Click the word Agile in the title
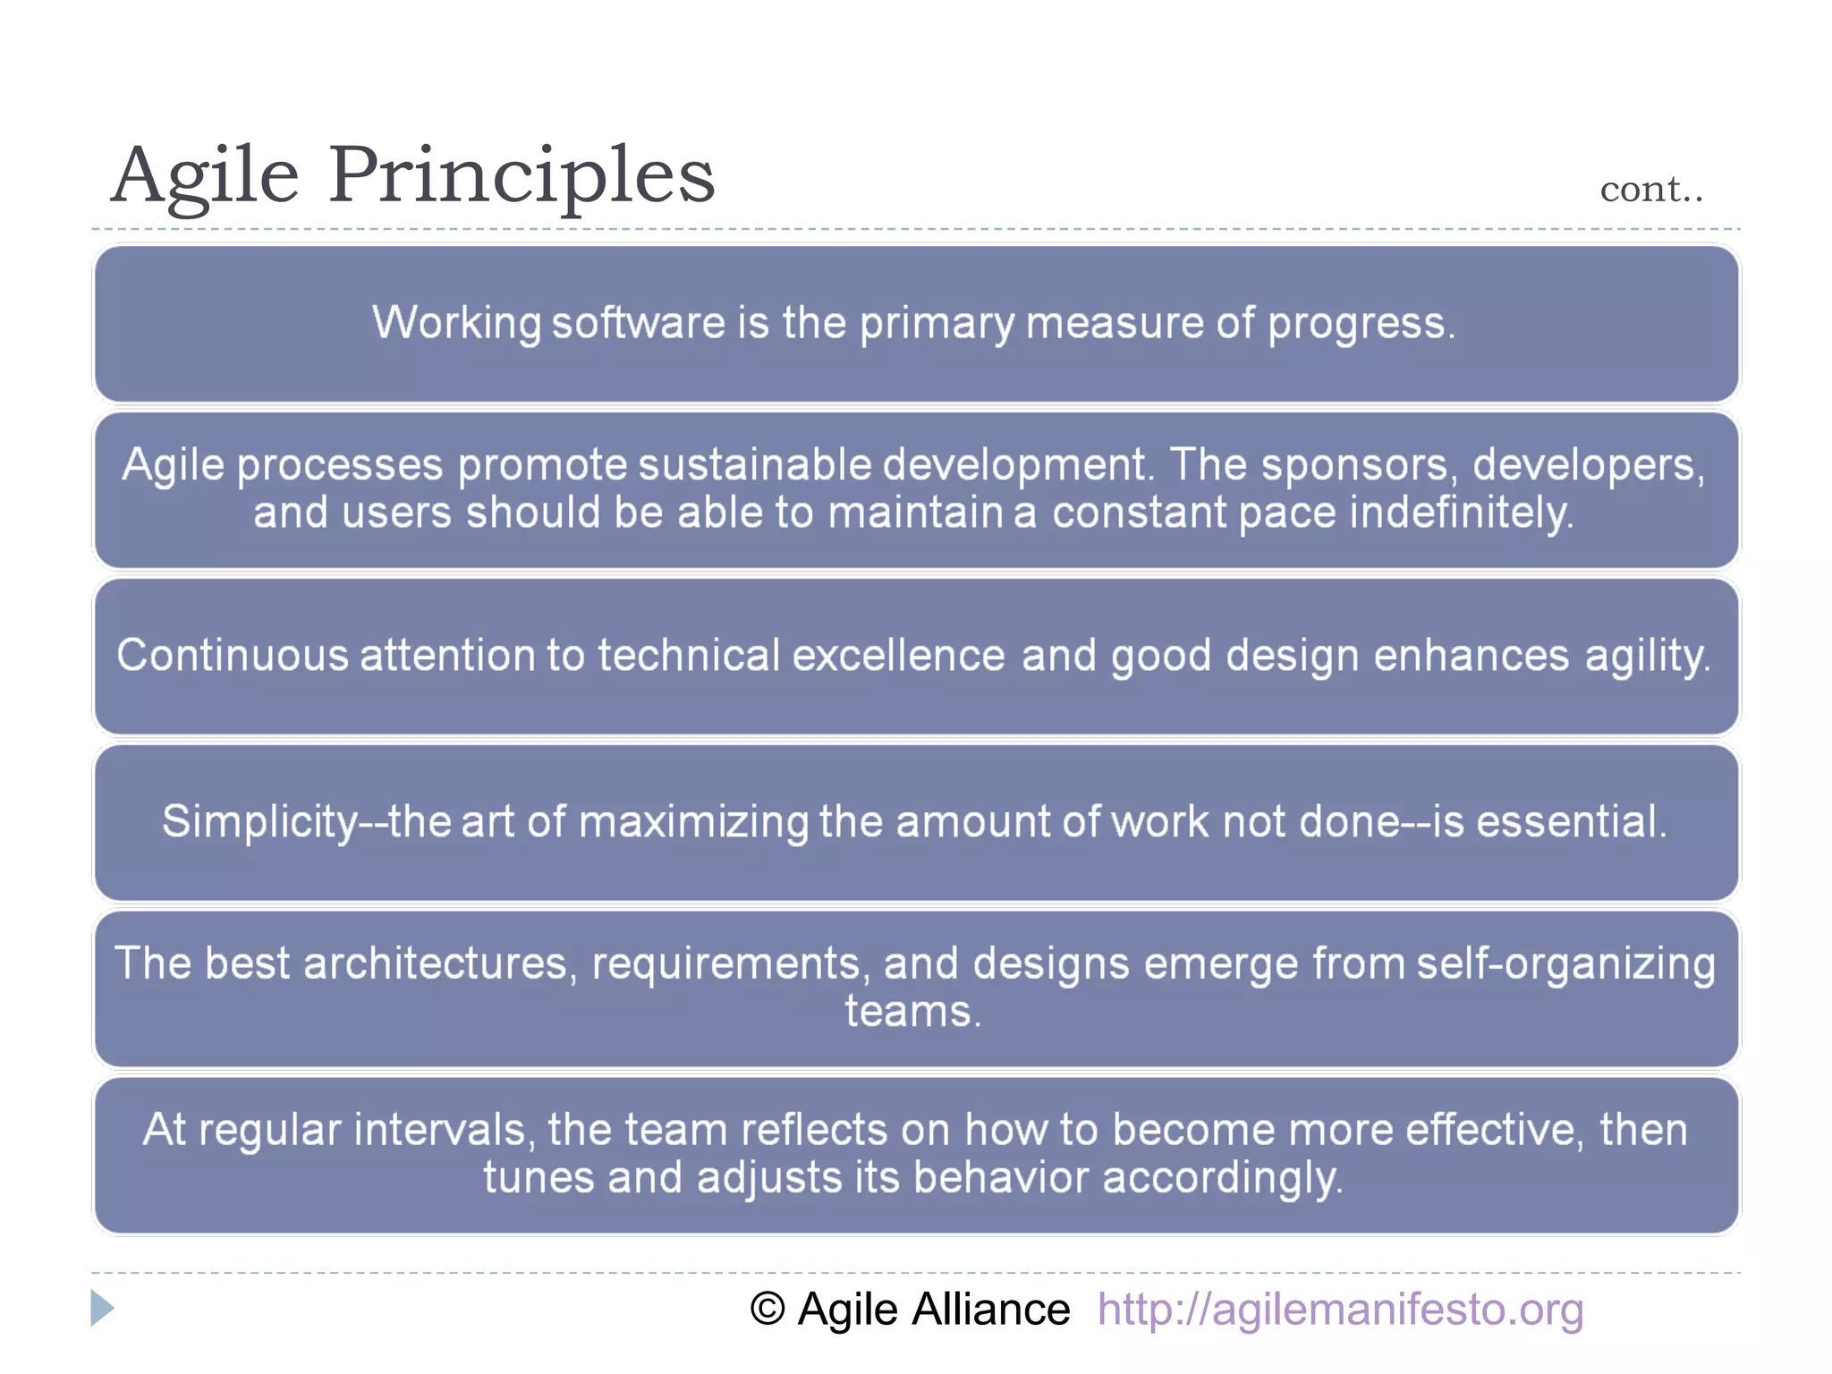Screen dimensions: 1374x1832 205,175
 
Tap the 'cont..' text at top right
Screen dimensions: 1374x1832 1651,190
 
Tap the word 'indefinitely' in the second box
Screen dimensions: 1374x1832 1460,513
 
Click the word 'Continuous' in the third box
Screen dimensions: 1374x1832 232,656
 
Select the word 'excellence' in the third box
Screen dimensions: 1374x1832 898,656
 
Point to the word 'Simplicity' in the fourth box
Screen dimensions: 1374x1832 259,821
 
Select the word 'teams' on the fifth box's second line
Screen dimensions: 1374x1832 909,1013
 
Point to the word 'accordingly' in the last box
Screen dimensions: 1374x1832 1220,1178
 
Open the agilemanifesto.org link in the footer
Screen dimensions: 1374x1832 1340,1310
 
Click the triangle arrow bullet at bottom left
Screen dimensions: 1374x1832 102,1308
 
